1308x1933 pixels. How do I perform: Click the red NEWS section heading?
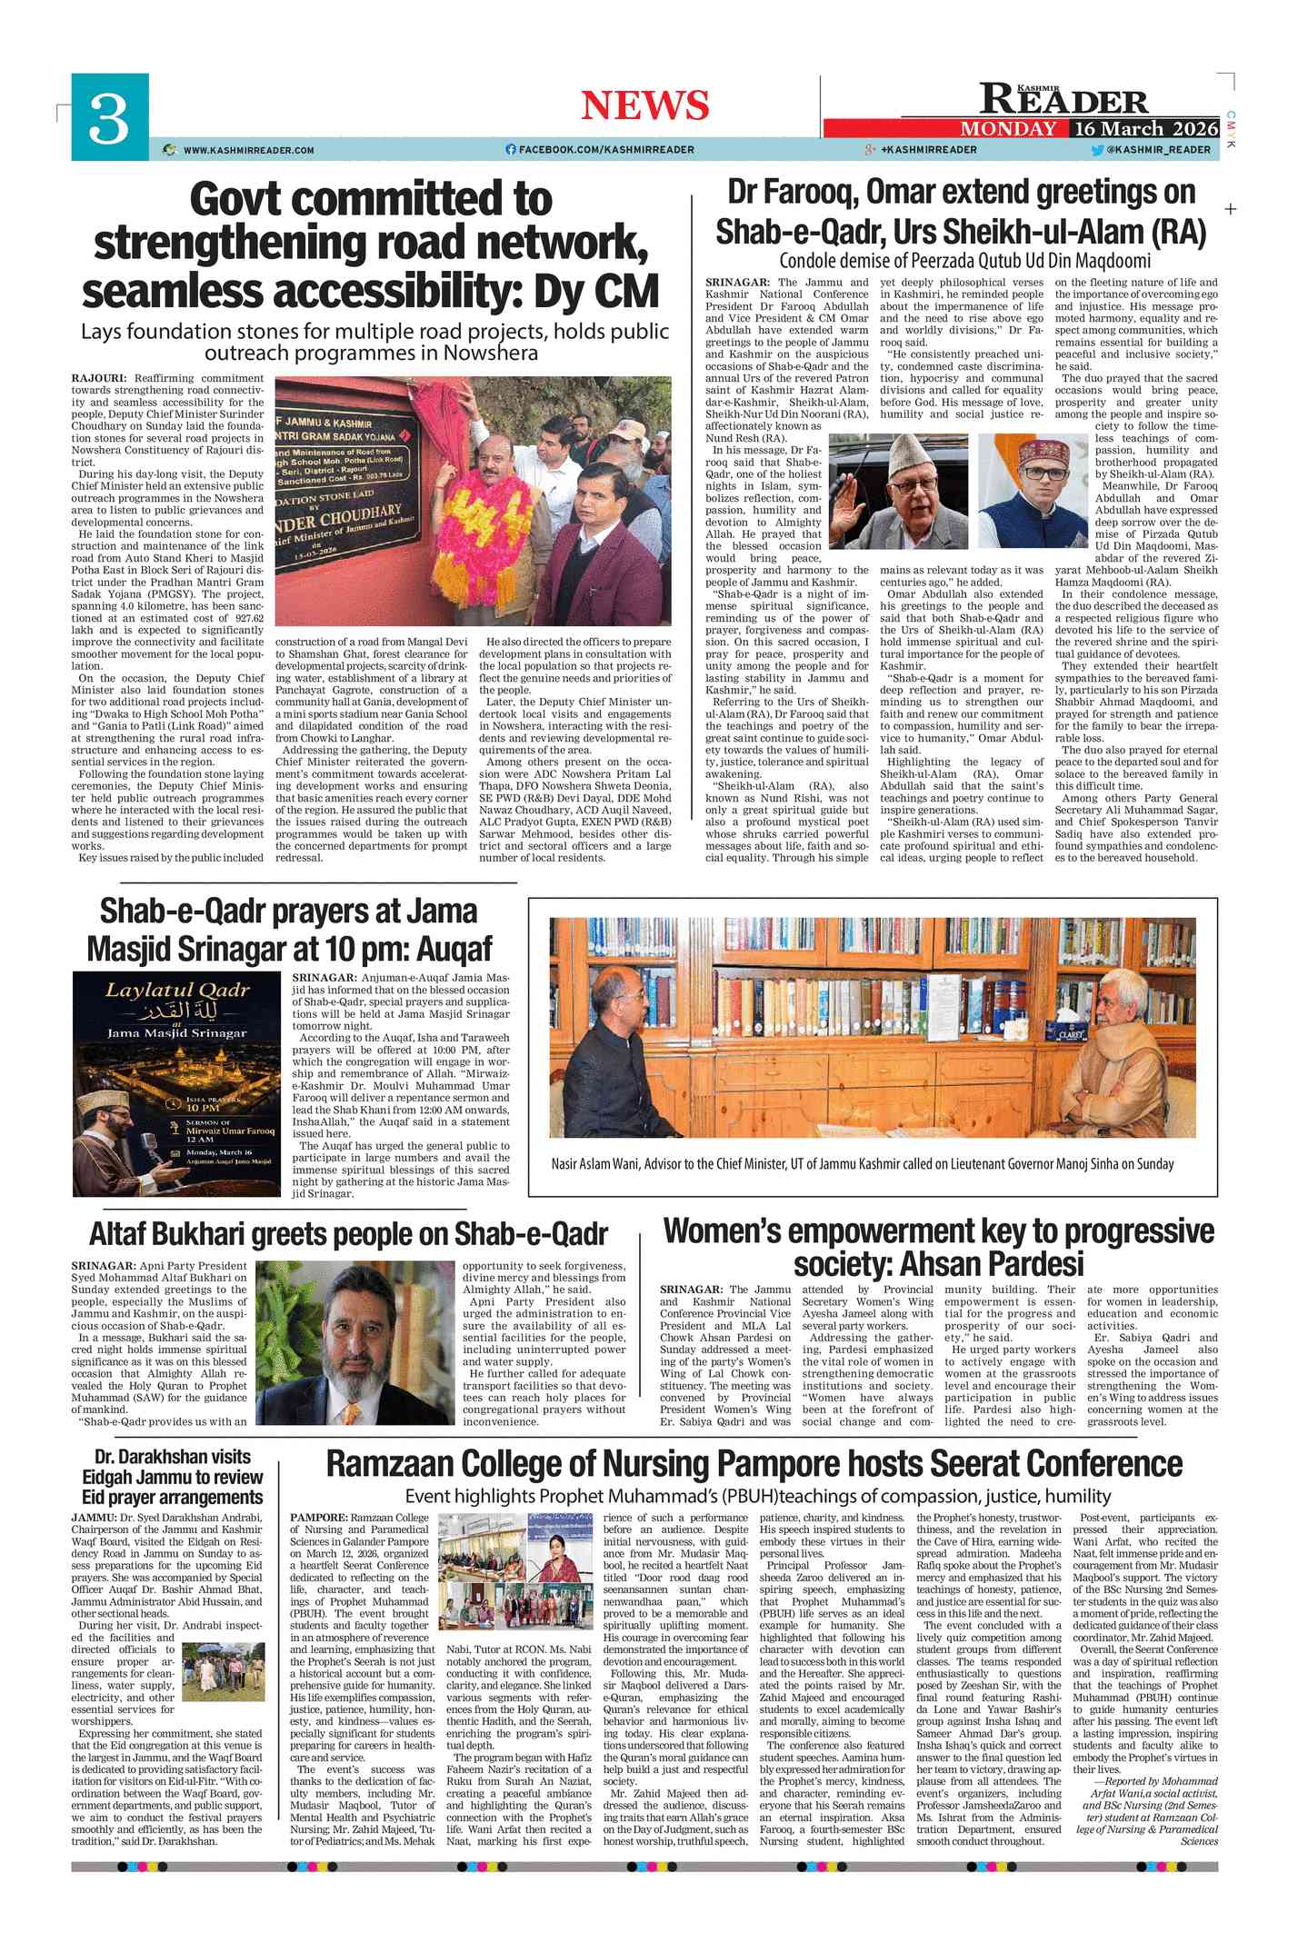(644, 105)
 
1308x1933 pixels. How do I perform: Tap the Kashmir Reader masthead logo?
(1063, 98)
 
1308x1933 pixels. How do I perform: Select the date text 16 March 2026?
(1144, 128)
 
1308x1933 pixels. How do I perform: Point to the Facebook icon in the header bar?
(511, 150)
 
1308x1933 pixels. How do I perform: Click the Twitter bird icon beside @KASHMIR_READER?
(1097, 150)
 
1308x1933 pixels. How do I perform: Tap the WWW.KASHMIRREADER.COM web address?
(248, 150)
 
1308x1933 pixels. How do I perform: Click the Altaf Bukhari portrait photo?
(354, 1342)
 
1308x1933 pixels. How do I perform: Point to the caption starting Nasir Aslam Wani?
(862, 1164)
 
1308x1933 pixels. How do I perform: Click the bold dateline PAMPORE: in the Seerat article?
(318, 1518)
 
